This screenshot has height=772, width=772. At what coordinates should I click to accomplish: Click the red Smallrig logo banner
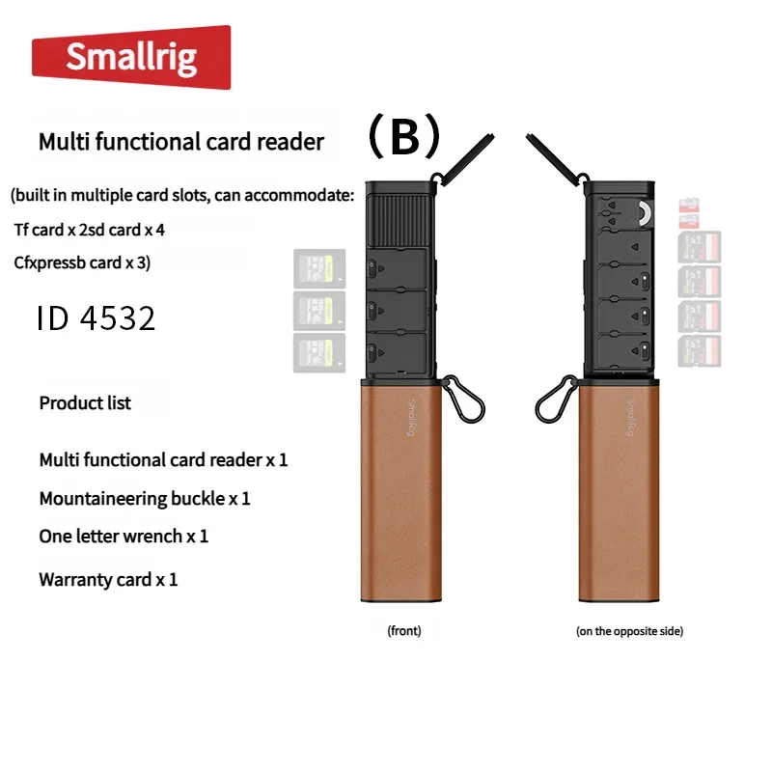click(131, 57)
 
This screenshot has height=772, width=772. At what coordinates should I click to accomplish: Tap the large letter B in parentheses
click(404, 136)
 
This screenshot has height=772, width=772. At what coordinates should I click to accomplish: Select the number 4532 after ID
click(118, 318)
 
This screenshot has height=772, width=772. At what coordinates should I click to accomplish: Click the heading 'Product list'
click(85, 402)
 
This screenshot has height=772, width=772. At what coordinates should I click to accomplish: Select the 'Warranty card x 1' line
click(108, 580)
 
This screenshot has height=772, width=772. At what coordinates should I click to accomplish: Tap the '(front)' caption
click(404, 631)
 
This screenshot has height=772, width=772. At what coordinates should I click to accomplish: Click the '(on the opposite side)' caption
click(630, 631)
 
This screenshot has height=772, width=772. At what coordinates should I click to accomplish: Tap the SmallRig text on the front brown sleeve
click(412, 417)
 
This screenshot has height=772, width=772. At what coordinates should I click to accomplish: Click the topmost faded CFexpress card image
click(319, 268)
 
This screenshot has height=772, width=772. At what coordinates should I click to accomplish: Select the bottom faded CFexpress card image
click(319, 352)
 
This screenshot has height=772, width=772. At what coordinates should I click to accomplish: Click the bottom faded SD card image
click(700, 351)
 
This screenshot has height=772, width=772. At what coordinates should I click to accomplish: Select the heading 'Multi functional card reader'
click(181, 142)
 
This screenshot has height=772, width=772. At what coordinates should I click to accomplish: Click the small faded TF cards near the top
click(689, 213)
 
